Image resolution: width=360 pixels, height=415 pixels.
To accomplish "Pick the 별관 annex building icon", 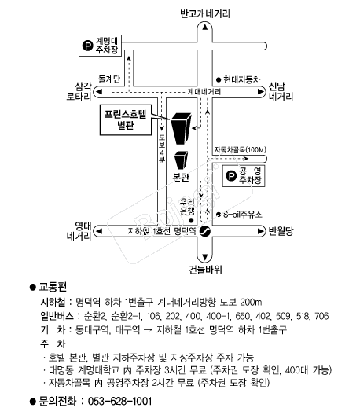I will (x=181, y=127).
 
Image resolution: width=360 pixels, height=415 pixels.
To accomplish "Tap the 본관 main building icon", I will (x=182, y=160).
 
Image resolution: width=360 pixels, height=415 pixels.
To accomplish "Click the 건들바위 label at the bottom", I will (x=205, y=269).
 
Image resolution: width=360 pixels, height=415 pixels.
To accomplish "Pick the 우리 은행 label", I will (x=187, y=207).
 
